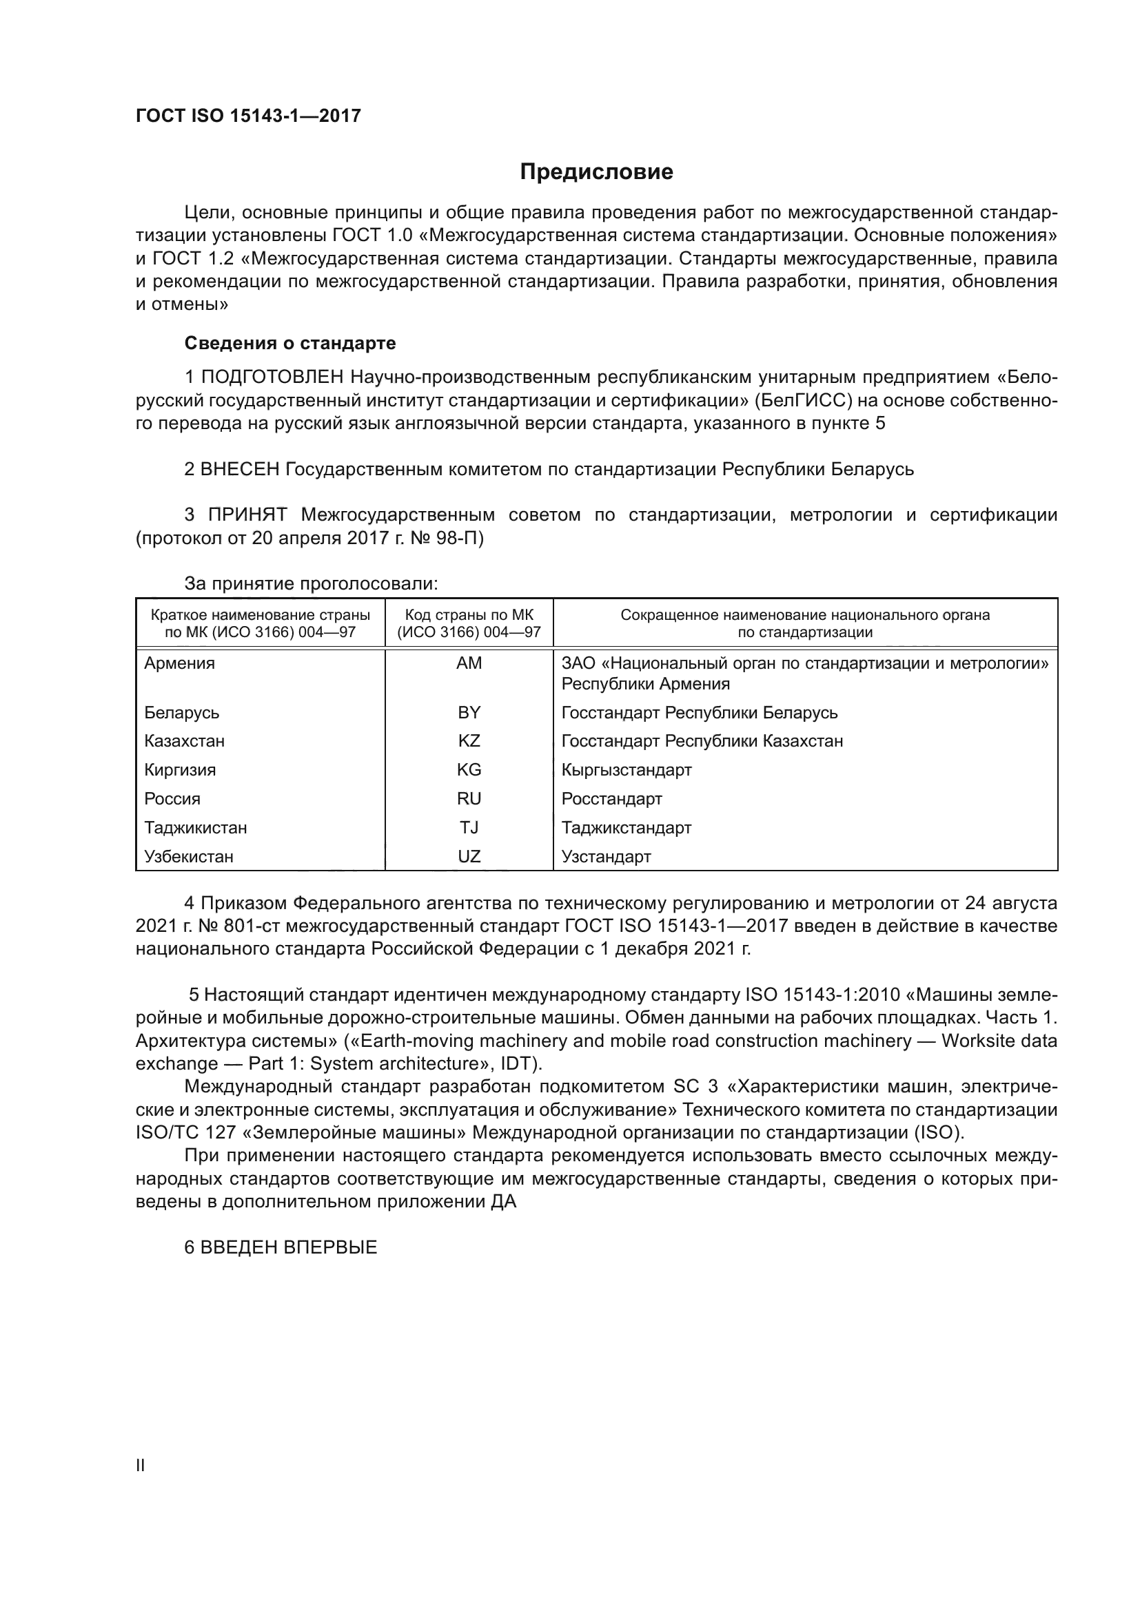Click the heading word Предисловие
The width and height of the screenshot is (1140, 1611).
(596, 172)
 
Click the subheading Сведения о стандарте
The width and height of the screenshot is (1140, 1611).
(290, 343)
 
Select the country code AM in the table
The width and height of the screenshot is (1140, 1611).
(469, 663)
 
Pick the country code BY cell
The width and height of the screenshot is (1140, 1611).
(469, 713)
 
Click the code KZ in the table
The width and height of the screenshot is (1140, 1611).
(469, 741)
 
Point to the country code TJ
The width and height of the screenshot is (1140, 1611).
(469, 828)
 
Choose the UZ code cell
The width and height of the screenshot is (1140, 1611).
(469, 857)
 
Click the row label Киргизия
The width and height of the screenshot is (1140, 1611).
(180, 771)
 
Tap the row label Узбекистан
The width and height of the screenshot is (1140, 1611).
(189, 857)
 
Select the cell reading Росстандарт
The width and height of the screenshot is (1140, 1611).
(611, 799)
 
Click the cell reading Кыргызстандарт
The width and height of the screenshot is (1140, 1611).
(626, 771)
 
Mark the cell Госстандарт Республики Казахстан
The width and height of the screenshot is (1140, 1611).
(702, 741)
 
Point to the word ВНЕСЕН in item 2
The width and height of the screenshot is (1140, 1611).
(240, 469)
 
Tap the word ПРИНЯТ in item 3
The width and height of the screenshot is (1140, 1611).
(247, 515)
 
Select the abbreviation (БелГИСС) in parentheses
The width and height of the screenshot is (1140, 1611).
(795, 401)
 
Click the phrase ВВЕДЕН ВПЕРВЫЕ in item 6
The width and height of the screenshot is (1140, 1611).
(289, 1247)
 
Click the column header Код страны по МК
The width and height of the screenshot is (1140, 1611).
(469, 615)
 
